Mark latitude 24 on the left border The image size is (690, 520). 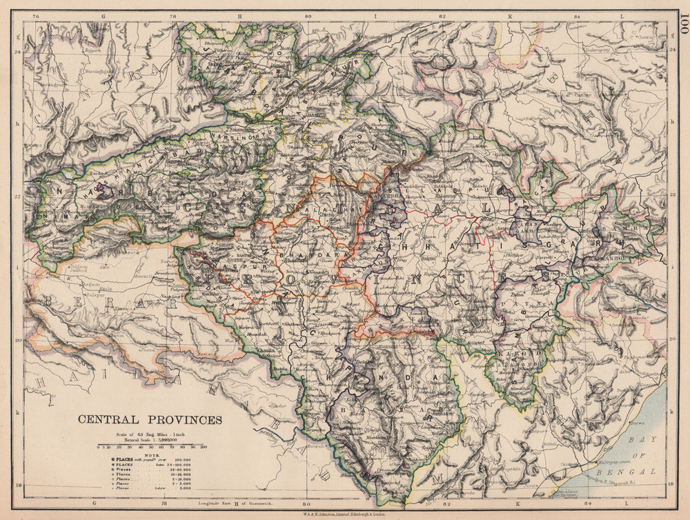[17, 50]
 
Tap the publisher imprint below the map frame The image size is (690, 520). [345, 514]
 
